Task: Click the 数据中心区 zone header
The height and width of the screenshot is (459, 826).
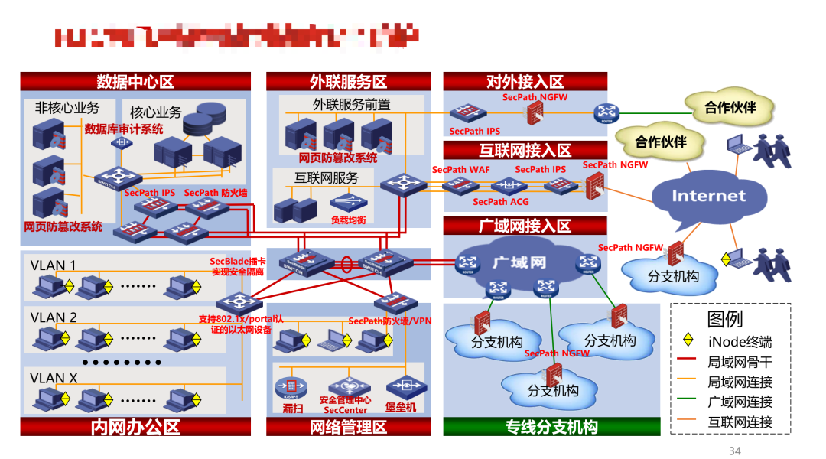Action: (x=135, y=82)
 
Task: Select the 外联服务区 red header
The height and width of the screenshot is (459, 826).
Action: (x=348, y=82)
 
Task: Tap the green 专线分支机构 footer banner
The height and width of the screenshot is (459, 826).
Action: (x=551, y=427)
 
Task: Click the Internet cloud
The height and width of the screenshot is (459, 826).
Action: (x=708, y=197)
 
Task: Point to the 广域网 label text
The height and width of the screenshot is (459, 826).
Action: (x=519, y=262)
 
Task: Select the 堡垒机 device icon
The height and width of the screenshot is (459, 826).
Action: (x=401, y=386)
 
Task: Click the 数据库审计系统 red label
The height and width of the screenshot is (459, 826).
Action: (x=124, y=129)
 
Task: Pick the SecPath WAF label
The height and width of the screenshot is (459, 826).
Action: (x=460, y=170)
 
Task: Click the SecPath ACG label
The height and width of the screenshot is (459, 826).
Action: (x=500, y=202)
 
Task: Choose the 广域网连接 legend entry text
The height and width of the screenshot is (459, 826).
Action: (x=740, y=402)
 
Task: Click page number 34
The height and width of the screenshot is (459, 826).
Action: (x=734, y=451)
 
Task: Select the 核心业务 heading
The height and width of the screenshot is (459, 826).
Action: (x=155, y=112)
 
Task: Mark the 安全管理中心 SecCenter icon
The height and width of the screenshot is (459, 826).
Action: (x=345, y=386)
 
